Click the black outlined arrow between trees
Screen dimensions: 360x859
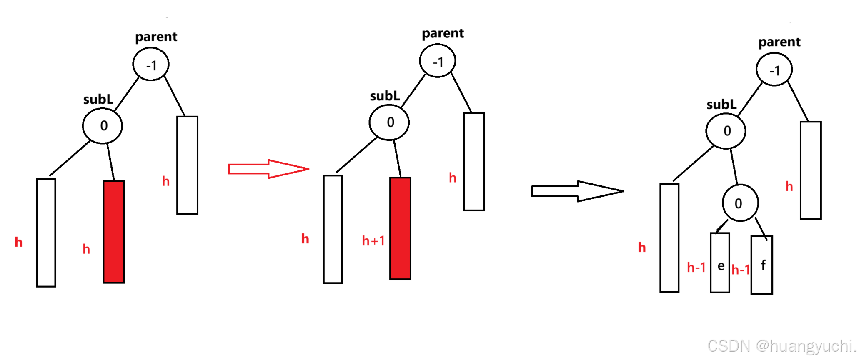pyautogui.click(x=577, y=191)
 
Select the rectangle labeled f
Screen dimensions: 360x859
pyautogui.click(x=762, y=265)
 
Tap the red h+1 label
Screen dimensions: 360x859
pyautogui.click(x=373, y=241)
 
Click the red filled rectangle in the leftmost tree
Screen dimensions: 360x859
pyautogui.click(x=114, y=232)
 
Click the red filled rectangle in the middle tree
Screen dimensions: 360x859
pyautogui.click(x=400, y=228)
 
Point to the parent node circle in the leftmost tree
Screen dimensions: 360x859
pyautogui.click(x=151, y=65)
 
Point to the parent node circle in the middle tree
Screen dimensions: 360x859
pyautogui.click(x=438, y=61)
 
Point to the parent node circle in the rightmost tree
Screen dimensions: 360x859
pyautogui.click(x=774, y=70)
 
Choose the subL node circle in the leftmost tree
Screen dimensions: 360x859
pyautogui.click(x=103, y=125)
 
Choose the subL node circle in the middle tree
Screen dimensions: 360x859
pyautogui.click(x=389, y=122)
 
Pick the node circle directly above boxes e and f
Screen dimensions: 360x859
pyautogui.click(x=740, y=203)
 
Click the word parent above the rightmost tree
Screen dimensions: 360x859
pyautogui.click(x=779, y=42)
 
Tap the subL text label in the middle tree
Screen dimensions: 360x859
pyautogui.click(x=385, y=96)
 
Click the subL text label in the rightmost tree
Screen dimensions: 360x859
pyautogui.click(x=721, y=105)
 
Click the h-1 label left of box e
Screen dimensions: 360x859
pyautogui.click(x=696, y=267)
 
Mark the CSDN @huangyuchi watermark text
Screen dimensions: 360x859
pyautogui.click(x=781, y=346)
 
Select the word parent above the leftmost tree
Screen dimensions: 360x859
pyautogui.click(x=156, y=37)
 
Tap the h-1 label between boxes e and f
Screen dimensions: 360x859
pyautogui.click(x=741, y=270)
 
